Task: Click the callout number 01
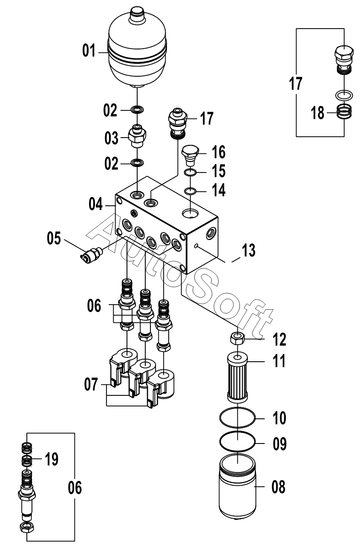[89, 51]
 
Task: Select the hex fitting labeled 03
[137, 136]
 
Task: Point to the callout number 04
[95, 204]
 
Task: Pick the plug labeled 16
[190, 156]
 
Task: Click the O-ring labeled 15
[190, 172]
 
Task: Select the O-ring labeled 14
[190, 191]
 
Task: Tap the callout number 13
[248, 250]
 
